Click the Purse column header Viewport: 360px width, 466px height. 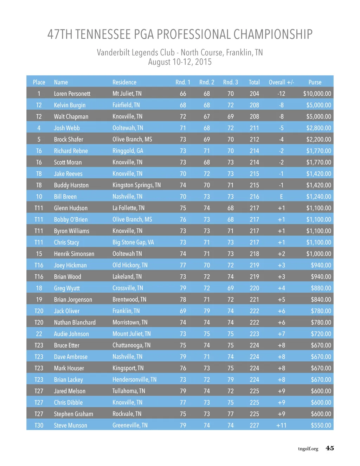315,82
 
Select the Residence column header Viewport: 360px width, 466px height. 124,82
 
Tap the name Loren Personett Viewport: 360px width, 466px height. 72,94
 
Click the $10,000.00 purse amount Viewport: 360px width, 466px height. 317,94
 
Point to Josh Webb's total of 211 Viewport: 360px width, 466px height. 254,128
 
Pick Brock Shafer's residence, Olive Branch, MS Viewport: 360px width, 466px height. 132,139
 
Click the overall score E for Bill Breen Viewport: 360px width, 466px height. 281,197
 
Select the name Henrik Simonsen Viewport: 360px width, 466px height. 74,254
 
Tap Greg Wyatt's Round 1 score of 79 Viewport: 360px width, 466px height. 183,288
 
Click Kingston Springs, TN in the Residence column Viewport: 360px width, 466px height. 136,185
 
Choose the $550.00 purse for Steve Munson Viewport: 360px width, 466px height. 321,425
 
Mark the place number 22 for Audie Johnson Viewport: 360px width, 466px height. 39,334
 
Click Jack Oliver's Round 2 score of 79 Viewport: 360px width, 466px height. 207,311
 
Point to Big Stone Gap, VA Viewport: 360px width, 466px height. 133,242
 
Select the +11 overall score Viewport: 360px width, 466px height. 281,425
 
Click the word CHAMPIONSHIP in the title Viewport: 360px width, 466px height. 273,34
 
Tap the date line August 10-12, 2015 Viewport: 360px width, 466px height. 180,62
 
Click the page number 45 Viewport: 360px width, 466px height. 330,448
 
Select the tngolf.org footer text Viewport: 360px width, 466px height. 308,449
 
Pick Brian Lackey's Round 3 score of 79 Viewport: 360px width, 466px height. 230,379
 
